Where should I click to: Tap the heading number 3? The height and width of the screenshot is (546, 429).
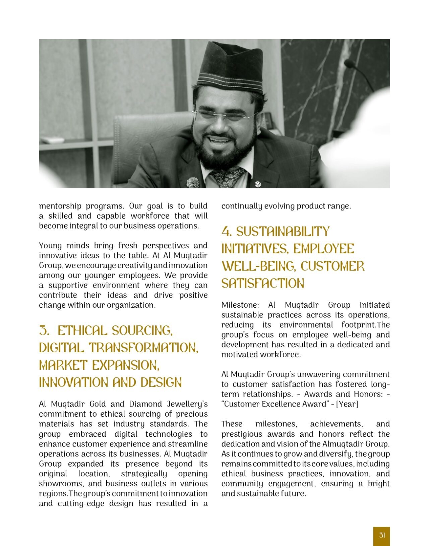click(44, 331)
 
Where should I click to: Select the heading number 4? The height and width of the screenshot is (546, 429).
click(227, 232)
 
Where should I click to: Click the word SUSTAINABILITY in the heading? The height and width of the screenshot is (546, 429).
click(283, 232)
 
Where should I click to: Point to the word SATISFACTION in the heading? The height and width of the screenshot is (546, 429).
click(263, 284)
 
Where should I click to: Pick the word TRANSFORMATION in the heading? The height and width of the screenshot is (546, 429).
click(144, 348)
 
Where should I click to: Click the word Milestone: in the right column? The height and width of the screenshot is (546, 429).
click(240, 305)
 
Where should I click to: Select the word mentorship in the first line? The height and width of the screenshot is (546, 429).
click(60, 206)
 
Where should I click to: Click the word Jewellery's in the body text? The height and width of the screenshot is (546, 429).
click(189, 404)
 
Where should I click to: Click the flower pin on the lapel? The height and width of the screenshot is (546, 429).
click(193, 182)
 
